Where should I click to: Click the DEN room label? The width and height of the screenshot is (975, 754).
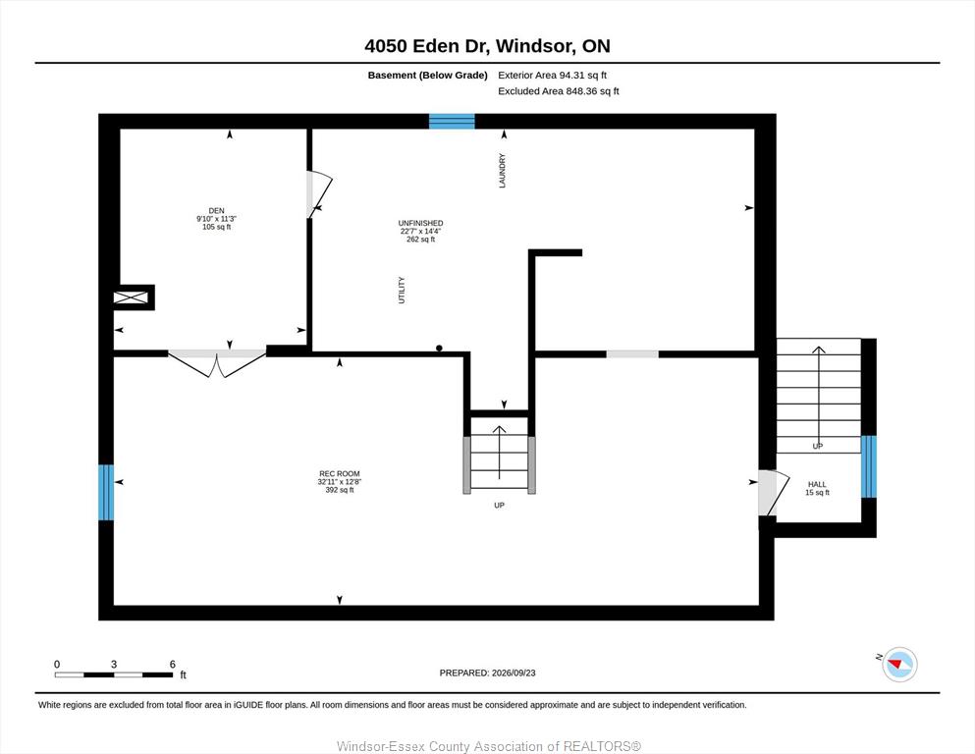point(216,211)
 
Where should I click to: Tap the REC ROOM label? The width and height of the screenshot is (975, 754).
point(340,473)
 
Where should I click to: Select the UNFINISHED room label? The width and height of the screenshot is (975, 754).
point(421,223)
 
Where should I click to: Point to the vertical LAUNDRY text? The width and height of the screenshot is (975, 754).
point(503,170)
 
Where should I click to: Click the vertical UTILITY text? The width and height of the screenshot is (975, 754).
point(402,291)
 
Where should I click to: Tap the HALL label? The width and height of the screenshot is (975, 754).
point(817,484)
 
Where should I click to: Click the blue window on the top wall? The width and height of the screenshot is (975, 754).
point(452,121)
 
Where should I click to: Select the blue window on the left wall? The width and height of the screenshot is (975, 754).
point(106,492)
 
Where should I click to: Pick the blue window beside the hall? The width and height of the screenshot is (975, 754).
point(869,466)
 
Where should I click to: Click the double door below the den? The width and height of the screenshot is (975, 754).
point(217,363)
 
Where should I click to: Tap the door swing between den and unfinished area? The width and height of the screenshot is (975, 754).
point(319,194)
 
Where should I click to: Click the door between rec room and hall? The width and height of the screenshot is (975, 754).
point(774,493)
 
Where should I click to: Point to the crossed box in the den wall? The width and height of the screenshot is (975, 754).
point(131,297)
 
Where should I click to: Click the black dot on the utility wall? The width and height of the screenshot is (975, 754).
point(439,349)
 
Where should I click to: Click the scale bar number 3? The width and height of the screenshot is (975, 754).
point(114,665)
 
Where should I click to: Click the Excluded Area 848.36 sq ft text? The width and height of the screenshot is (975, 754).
point(559,90)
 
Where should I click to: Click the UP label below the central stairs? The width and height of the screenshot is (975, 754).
point(500,506)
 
